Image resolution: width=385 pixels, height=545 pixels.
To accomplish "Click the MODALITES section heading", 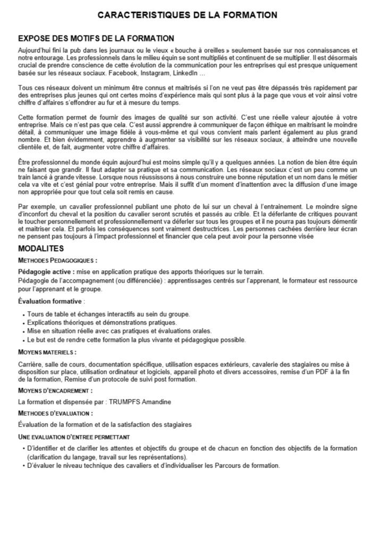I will point(41,249).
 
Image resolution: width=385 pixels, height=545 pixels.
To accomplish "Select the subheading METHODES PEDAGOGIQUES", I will point(57,261).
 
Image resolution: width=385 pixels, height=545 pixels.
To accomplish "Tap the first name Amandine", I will point(161,402).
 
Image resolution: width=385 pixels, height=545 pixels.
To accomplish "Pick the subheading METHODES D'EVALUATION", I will point(55,413).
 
